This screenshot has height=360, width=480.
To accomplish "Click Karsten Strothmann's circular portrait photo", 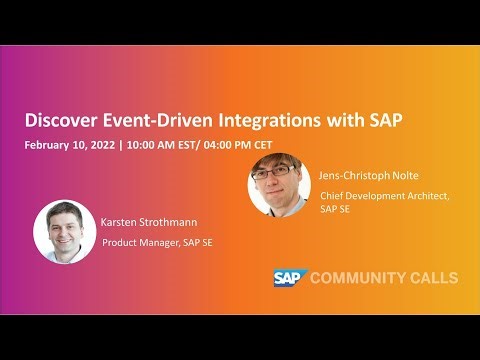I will (x=64, y=231).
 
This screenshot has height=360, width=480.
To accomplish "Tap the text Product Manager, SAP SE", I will (x=158, y=242).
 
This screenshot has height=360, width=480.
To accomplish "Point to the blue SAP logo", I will (x=289, y=277).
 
